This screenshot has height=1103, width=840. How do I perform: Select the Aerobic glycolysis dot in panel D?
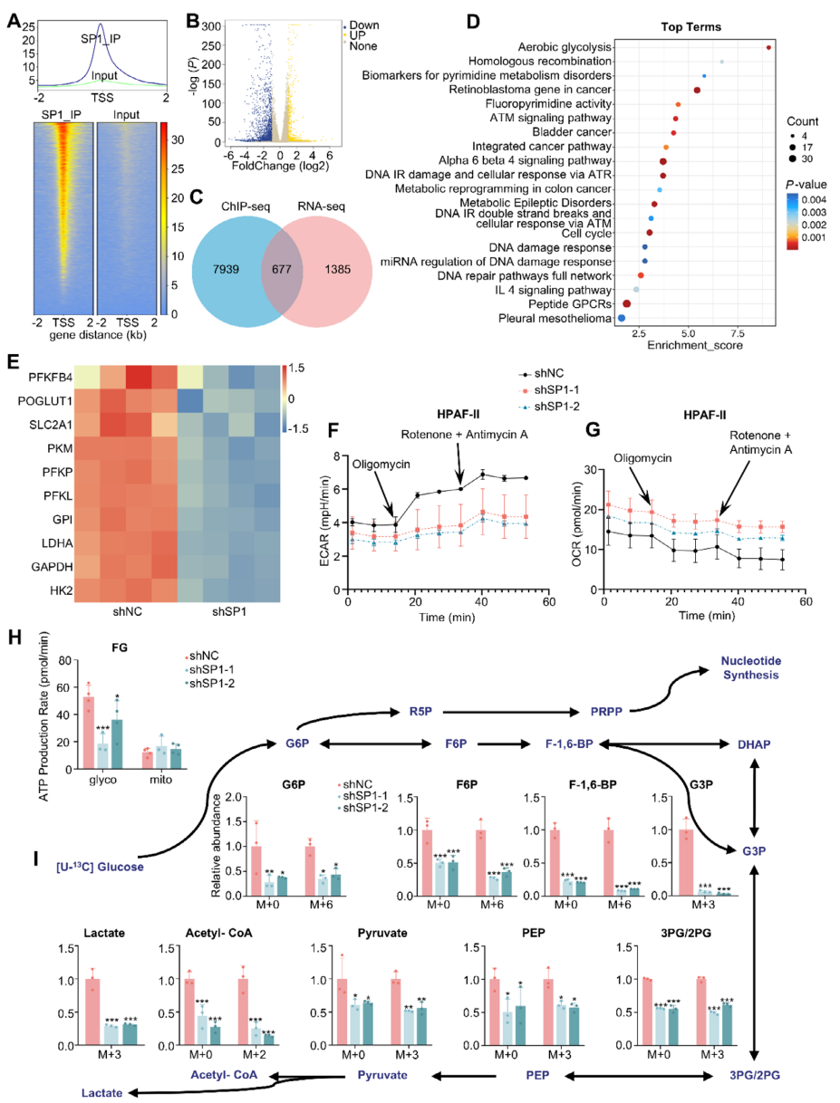pos(768,47)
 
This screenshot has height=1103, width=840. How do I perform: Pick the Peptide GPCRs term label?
pos(565,303)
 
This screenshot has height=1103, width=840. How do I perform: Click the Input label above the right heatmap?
pos(127,114)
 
